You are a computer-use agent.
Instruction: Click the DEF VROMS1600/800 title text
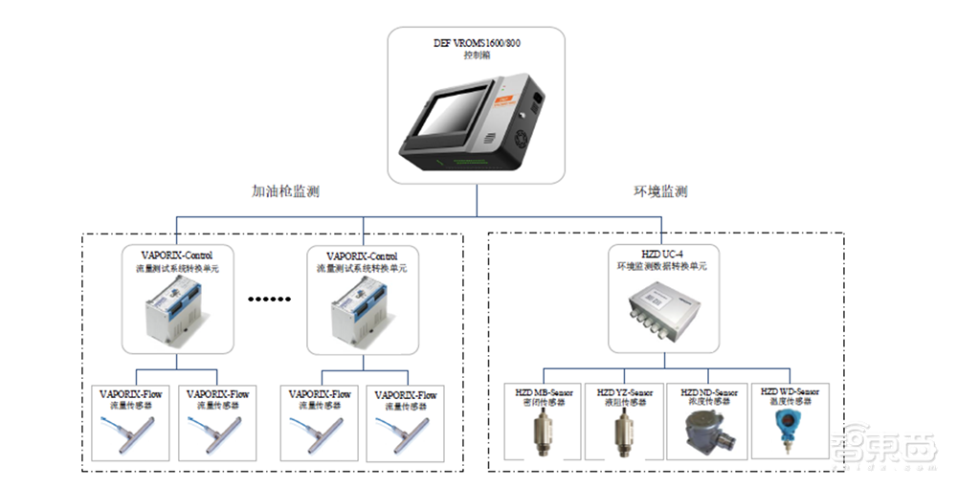click(477, 43)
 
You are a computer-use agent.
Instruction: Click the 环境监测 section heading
click(660, 191)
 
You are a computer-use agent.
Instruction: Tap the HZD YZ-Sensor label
click(625, 392)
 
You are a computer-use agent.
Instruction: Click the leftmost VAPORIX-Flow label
click(133, 394)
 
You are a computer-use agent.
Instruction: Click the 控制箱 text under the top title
click(477, 56)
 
